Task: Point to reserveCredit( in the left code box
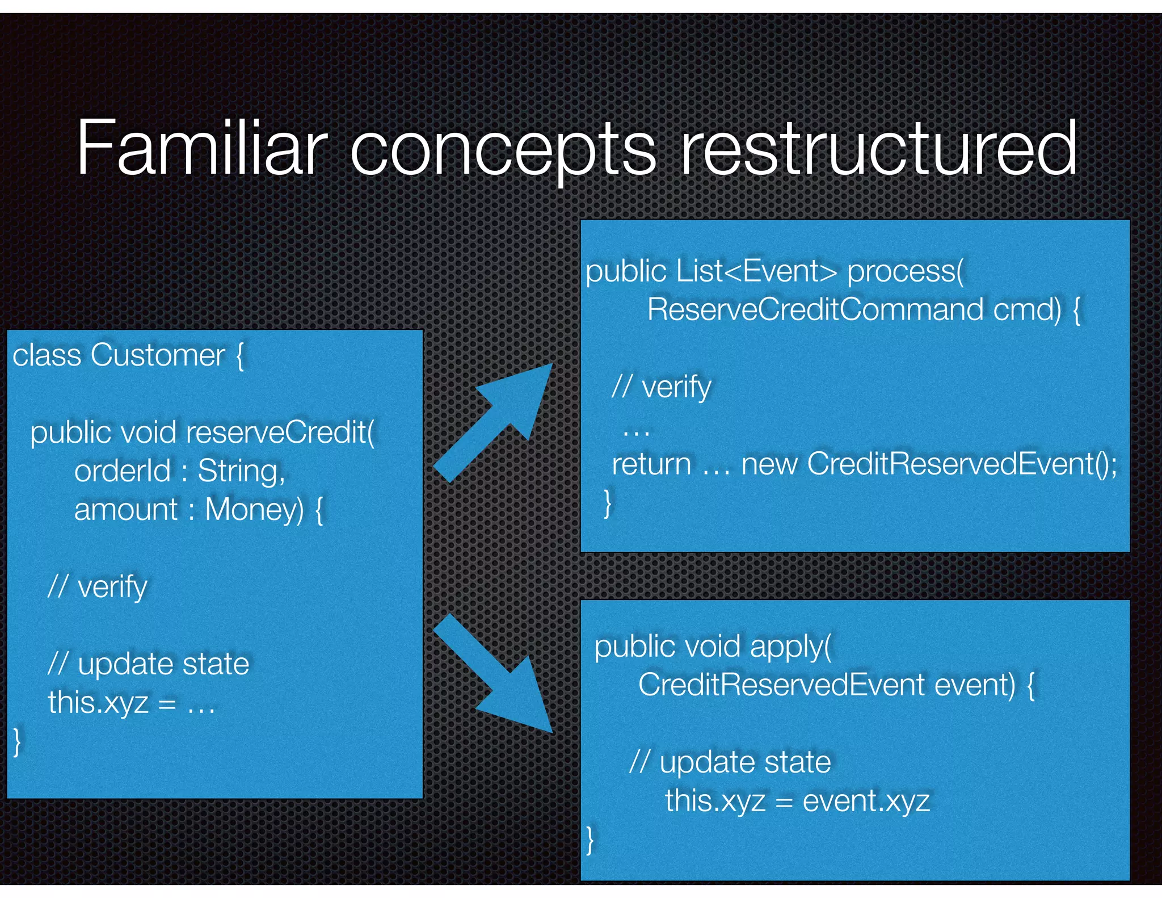pos(280,433)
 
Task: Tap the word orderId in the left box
pos(122,471)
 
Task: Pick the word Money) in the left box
pos(255,509)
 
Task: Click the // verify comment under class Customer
pos(98,586)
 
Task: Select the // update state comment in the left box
pos(149,664)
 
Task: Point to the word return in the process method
pos(651,464)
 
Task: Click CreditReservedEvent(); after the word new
pos(962,464)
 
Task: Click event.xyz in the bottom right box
pos(866,801)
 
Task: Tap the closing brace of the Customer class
pos(18,741)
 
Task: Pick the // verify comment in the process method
pos(662,387)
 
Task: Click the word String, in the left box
pos(241,471)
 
